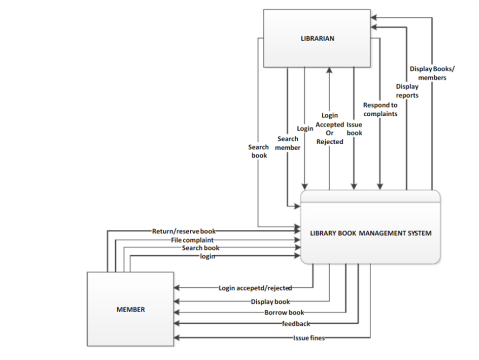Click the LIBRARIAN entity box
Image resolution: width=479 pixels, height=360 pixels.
pos(317,39)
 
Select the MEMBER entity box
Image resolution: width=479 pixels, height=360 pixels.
pos(130,309)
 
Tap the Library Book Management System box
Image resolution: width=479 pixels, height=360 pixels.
pos(370,233)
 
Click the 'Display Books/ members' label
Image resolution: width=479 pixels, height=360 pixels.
pos(432,73)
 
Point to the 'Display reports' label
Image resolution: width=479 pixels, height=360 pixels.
pos(407,91)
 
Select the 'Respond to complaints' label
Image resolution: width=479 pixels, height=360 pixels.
pos(380,109)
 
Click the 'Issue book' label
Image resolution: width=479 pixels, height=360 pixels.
pos(354,129)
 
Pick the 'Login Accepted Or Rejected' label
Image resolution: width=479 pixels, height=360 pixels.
pos(330,128)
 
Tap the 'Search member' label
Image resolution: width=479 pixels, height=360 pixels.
pos(288,143)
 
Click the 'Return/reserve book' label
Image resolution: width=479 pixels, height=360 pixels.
pos(184,231)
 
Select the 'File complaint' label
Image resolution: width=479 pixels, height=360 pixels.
pos(192,240)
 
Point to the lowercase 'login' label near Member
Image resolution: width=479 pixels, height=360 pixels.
pos(207,256)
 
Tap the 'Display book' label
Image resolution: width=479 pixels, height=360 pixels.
pos(270,302)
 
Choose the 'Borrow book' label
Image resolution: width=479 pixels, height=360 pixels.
pos(284,313)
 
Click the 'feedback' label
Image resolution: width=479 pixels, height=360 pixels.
pos(296,323)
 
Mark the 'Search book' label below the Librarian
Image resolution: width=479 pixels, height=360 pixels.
pos(259,151)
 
